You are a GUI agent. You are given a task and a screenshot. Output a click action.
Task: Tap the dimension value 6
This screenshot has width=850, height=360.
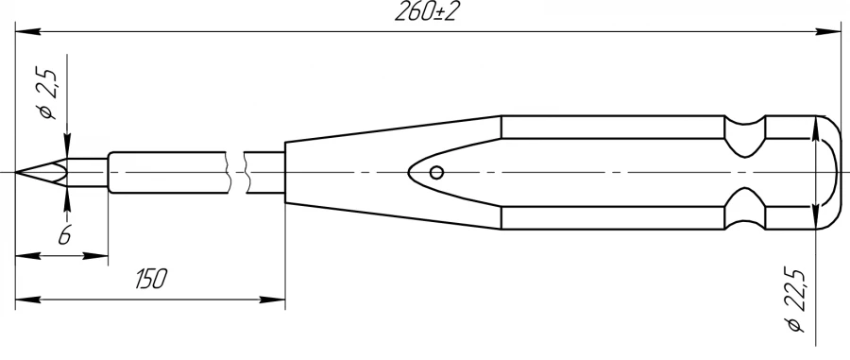63,236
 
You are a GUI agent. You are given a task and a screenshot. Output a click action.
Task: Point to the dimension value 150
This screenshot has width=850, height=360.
150,279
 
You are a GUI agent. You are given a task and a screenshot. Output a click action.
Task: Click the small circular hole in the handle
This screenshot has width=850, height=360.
435,172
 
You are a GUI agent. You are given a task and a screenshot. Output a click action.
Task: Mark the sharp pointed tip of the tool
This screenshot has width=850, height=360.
19,173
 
